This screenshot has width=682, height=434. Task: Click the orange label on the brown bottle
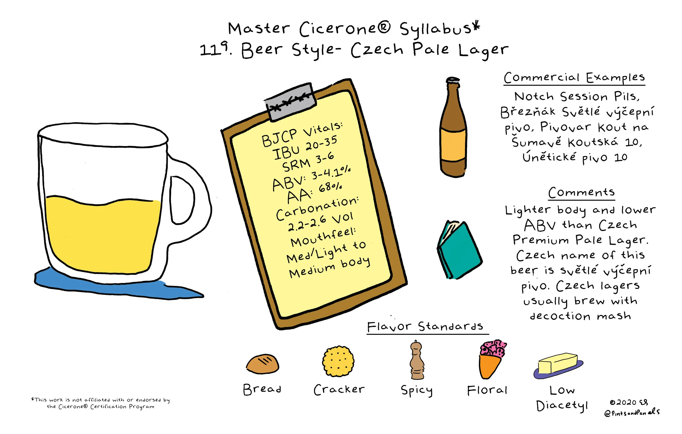pyautogui.click(x=453, y=145)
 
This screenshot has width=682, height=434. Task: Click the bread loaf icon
pyautogui.click(x=262, y=364)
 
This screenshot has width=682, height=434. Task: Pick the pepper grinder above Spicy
pyautogui.click(x=417, y=360)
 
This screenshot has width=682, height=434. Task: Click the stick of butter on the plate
pyautogui.click(x=557, y=364)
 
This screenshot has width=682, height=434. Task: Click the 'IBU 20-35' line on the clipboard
pyautogui.click(x=305, y=148)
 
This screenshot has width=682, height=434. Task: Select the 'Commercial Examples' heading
pyautogui.click(x=574, y=77)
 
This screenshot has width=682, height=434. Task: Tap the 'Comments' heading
pyautogui.click(x=581, y=193)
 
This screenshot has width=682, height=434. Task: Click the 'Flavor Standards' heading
pyautogui.click(x=425, y=327)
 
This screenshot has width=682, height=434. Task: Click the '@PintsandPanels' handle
pyautogui.click(x=632, y=412)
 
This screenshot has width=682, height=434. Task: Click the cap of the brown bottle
pyautogui.click(x=453, y=81)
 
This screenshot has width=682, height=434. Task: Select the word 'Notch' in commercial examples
pyautogui.click(x=534, y=96)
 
